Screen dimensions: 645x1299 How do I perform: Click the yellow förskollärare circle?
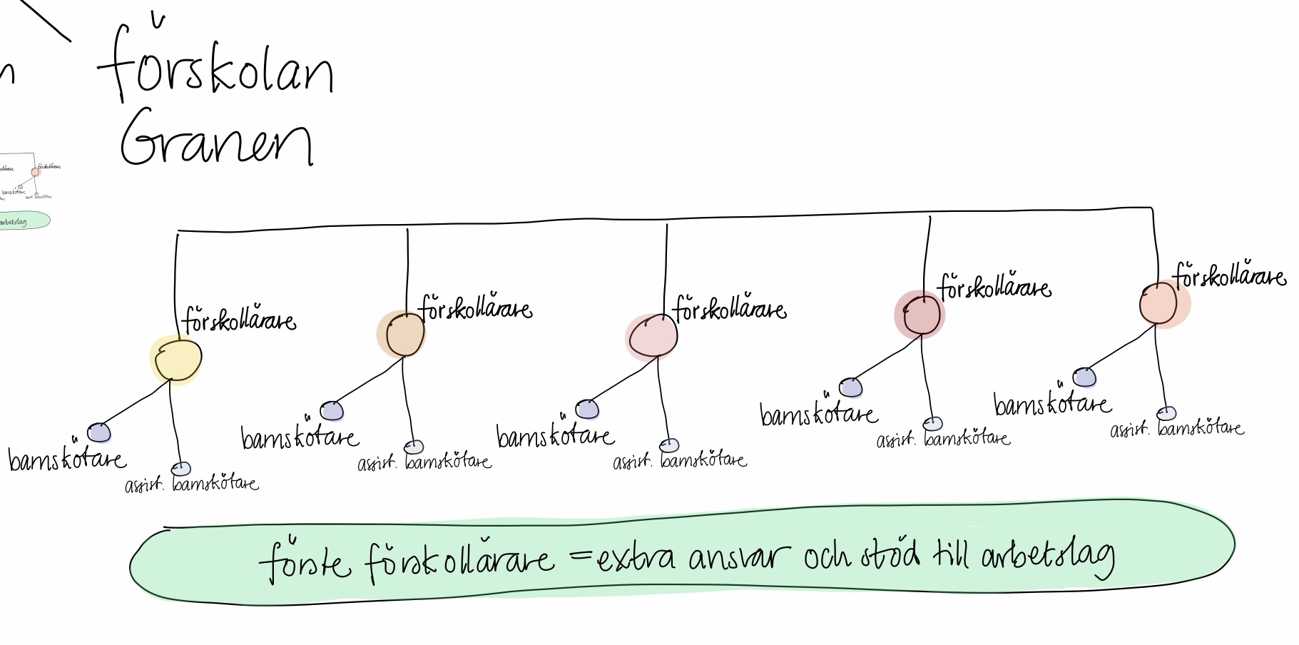point(177,360)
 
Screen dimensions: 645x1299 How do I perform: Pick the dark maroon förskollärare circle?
point(922,315)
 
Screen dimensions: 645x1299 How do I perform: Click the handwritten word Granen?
point(216,137)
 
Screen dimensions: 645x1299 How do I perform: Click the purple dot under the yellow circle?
point(99,432)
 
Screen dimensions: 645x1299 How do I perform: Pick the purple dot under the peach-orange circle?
point(1084,377)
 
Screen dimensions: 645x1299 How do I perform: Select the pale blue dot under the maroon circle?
point(932,424)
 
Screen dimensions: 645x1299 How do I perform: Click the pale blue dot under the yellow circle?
point(182,469)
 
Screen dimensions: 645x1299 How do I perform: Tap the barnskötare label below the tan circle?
point(300,436)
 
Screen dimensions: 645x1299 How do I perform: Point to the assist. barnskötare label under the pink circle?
point(680,461)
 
